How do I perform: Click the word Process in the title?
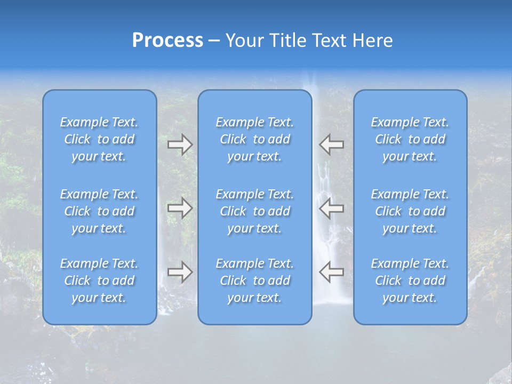[x=167, y=41]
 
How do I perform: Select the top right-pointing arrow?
[x=180, y=145]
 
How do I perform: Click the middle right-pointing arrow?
[x=180, y=208]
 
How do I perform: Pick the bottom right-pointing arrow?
[x=180, y=271]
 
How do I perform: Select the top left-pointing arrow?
[x=331, y=145]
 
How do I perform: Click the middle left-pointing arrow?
[x=331, y=208]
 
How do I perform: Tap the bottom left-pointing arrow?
[x=331, y=271]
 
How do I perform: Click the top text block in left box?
[x=99, y=139]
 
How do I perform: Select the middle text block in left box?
[x=99, y=211]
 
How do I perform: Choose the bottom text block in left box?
[x=99, y=281]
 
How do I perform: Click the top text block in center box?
[x=255, y=139]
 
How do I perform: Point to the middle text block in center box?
[x=255, y=211]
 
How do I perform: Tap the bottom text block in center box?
[x=255, y=281]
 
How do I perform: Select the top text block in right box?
[x=410, y=139]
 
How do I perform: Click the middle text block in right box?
[x=410, y=211]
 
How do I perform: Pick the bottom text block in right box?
[x=410, y=281]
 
